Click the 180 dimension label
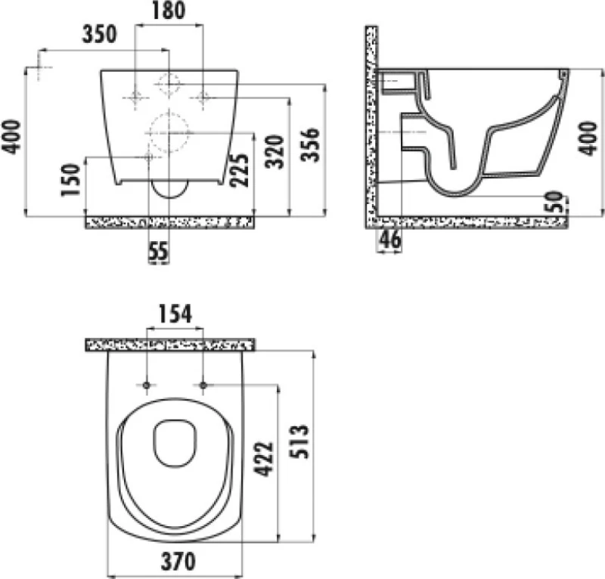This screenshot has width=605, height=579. click(x=169, y=11)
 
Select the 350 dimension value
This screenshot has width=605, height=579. click(x=99, y=34)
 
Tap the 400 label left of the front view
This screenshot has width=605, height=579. click(x=11, y=137)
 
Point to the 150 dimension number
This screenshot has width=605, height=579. click(x=70, y=180)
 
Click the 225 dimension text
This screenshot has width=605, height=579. click(x=239, y=171)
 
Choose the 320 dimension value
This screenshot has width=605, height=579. click(x=275, y=152)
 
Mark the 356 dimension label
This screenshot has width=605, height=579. click(x=310, y=144)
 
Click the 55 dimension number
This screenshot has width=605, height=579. click(x=159, y=251)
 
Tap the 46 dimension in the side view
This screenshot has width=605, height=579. click(x=390, y=239)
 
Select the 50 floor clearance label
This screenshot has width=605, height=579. click(x=554, y=201)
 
